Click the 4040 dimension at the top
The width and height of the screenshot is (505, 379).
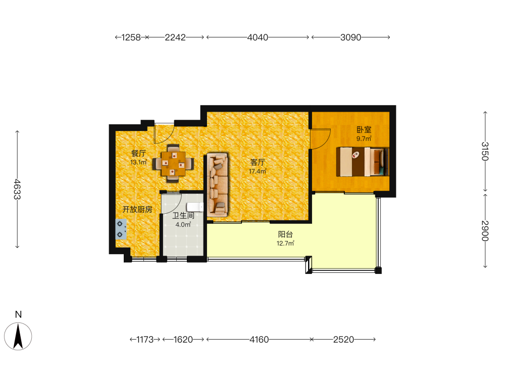point(258,37)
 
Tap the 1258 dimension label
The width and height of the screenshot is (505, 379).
point(131,37)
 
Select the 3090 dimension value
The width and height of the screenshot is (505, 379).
point(351,37)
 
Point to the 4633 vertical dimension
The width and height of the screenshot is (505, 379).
point(17,189)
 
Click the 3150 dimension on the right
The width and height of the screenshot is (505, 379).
point(485,151)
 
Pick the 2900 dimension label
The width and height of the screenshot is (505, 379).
point(485,231)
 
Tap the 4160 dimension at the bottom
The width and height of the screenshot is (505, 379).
point(259,340)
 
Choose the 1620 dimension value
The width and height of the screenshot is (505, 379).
point(183,340)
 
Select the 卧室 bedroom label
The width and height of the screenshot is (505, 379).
point(364,130)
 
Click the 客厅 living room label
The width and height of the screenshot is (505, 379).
point(258,162)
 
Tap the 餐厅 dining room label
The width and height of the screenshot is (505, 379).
point(138,154)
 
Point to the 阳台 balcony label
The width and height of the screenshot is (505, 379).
point(285,234)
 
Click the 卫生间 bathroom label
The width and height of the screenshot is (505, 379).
point(183,216)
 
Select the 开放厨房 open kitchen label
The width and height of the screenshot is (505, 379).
point(137,210)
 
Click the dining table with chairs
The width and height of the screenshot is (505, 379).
point(173,163)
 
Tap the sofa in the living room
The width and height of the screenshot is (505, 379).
point(218,185)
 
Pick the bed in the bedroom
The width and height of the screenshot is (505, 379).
point(363,162)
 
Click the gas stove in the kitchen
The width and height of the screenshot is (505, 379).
point(121,229)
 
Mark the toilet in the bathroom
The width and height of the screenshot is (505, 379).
point(195,207)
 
